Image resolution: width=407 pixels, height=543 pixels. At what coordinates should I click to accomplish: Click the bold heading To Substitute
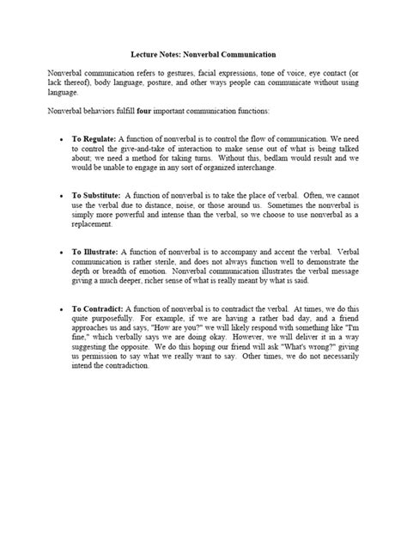97,195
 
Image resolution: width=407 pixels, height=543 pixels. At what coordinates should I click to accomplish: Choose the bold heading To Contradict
97,308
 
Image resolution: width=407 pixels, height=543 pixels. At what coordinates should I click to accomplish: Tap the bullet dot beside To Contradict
61,309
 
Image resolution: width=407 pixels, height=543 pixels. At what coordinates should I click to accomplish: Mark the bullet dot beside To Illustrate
61,253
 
